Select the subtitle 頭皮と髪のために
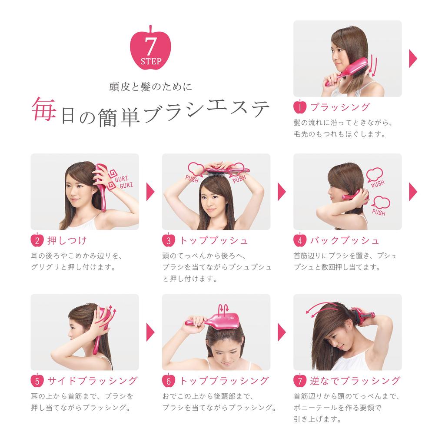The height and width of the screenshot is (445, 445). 150,87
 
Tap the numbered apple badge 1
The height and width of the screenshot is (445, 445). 300,107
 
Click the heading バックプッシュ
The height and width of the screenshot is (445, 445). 345,240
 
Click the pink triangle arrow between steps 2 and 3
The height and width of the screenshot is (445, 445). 150,191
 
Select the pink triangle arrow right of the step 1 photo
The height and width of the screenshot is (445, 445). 413,59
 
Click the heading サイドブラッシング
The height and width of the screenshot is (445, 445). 92,381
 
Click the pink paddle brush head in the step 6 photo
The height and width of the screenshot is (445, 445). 224,321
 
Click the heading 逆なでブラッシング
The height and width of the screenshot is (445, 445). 355,381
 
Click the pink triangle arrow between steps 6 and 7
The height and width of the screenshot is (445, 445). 282,332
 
